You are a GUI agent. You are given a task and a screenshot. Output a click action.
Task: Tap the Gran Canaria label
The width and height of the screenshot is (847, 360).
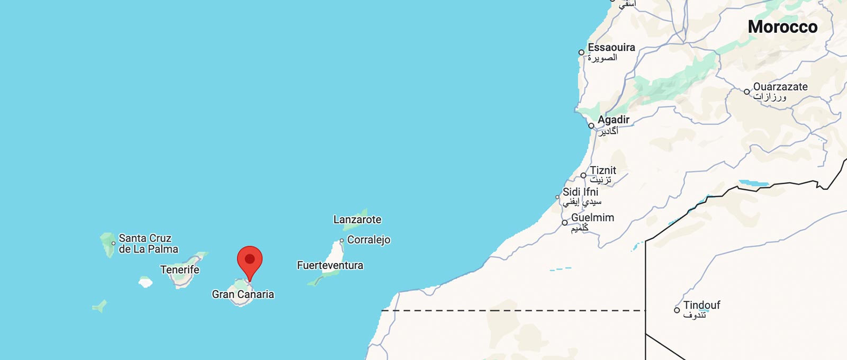pos(243,294)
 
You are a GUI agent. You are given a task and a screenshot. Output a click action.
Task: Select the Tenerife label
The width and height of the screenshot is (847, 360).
pos(179,269)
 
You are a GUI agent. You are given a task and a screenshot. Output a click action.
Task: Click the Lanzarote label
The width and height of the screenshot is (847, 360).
pos(357,219)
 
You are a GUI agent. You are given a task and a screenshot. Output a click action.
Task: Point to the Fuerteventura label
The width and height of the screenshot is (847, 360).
pos(330,265)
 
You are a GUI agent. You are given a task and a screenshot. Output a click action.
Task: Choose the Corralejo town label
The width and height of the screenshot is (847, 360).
pos(368,240)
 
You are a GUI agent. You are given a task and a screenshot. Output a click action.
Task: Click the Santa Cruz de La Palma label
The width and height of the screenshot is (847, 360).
pos(148,244)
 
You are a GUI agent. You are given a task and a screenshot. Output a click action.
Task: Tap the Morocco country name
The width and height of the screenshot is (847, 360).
pos(782,26)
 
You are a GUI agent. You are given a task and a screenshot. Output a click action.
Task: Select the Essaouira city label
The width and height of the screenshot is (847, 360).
pos(611,47)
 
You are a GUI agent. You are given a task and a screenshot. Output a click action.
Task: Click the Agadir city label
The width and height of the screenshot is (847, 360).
pos(613,120)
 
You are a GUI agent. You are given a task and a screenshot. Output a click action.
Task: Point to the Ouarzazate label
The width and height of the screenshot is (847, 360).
pos(780,87)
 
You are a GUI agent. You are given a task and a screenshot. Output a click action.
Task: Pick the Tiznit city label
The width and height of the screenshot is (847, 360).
pos(603,170)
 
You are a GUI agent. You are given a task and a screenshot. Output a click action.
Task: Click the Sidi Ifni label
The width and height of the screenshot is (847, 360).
pos(580,192)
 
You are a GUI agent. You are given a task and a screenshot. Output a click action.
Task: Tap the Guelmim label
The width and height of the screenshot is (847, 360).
pos(592,218)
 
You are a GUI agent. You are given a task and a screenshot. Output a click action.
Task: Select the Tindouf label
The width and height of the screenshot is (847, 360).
pos(701,305)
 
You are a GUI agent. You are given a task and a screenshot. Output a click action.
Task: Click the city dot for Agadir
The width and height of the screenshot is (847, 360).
pos(591,126)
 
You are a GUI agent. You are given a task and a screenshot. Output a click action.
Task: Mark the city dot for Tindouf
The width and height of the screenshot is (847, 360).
pos(677,310)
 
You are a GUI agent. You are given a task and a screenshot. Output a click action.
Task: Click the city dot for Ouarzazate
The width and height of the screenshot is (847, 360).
pos(747,92)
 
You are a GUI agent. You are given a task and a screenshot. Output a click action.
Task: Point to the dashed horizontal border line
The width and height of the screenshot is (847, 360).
pos(513,311)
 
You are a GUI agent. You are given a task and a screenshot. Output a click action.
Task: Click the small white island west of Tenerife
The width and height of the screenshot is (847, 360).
pos(146,282)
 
